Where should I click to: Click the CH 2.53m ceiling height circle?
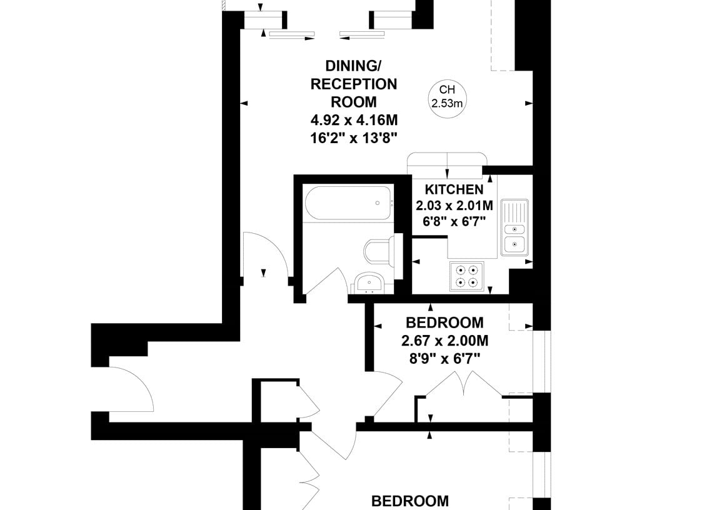coord(447,96)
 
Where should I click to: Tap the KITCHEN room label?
coord(454,189)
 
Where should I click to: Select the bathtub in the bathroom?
coord(349,203)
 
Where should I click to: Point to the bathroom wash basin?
coord(369,283)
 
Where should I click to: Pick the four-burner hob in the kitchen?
coord(466,276)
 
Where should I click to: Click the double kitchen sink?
coord(514,227)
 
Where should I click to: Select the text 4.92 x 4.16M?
coord(354,121)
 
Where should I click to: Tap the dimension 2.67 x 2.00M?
coord(444,341)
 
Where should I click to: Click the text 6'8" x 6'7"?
coord(454,221)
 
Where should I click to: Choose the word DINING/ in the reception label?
coord(353,66)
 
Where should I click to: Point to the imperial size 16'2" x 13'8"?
coord(354,138)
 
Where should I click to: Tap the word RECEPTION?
coord(354,84)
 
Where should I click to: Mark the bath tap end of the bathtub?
coord(391,203)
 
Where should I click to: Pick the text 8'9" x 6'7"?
coord(444,359)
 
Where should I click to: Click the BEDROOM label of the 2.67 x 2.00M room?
coord(444,323)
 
